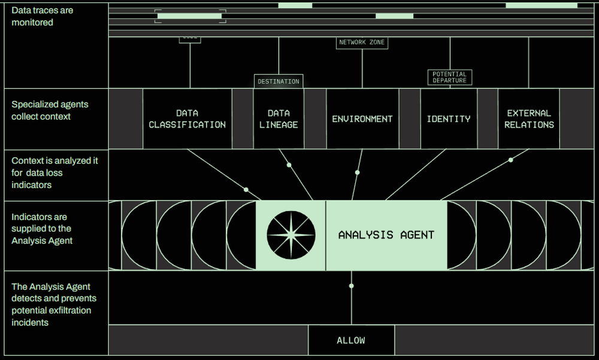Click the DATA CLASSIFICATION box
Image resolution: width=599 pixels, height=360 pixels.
point(187,119)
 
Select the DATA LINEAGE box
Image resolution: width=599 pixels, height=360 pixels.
point(279,119)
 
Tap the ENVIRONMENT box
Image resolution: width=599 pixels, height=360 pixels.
point(362,119)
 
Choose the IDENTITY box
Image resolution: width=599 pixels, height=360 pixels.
point(449,119)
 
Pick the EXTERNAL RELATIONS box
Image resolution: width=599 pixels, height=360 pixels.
point(529,119)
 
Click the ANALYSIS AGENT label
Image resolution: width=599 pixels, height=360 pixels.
point(386,235)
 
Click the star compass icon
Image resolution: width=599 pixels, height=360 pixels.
point(291,235)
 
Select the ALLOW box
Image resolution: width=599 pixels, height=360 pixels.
point(351,340)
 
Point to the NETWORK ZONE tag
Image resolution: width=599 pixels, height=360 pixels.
point(362,43)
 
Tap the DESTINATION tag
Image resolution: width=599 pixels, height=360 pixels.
point(278,81)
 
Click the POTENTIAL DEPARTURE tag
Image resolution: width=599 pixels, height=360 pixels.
point(449,77)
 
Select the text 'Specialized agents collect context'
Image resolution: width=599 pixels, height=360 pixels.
point(50,110)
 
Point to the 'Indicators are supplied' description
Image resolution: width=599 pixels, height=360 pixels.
point(42,228)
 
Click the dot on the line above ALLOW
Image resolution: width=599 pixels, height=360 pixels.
point(352,286)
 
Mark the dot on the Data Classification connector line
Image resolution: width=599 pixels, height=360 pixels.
point(246,189)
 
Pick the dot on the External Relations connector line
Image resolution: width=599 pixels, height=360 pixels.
point(510,160)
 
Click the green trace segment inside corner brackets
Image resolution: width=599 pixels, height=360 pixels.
point(189,16)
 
